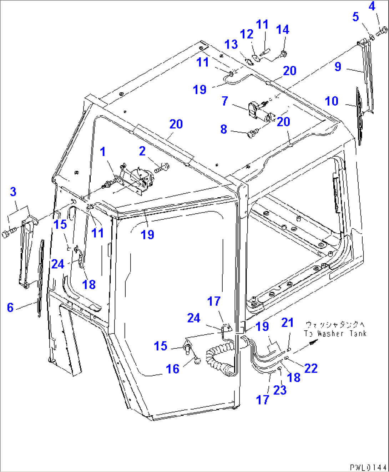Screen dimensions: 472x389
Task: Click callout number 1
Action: (x=103, y=152)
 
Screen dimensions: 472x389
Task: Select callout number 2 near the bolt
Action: (x=142, y=151)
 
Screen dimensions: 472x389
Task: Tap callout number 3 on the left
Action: (x=13, y=192)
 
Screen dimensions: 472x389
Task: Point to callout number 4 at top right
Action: (x=372, y=6)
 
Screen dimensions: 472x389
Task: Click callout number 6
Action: (x=10, y=307)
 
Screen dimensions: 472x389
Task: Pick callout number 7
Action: (x=224, y=101)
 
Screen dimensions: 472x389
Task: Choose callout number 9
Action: (x=338, y=67)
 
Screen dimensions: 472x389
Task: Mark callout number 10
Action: (x=332, y=101)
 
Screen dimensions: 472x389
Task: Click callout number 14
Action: (x=283, y=30)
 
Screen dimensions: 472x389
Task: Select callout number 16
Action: (x=173, y=369)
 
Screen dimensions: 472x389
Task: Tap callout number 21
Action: (x=287, y=323)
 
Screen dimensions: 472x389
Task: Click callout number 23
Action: (x=280, y=390)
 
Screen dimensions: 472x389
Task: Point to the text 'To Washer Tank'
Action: (x=335, y=334)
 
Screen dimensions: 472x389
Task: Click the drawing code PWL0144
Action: (x=368, y=467)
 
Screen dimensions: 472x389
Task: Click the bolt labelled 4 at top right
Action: (x=382, y=31)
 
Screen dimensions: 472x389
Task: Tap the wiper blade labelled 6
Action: (x=41, y=278)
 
